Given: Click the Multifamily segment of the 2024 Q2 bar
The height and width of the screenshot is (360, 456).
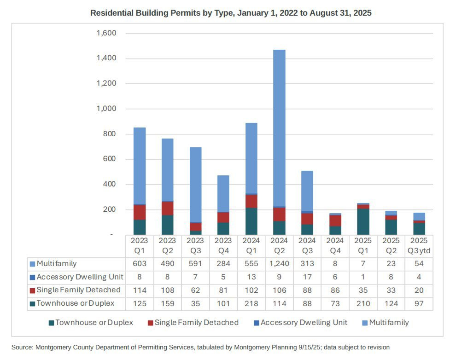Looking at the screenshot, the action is (x=279, y=128).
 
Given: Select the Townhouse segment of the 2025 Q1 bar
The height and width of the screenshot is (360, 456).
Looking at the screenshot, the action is (x=363, y=222).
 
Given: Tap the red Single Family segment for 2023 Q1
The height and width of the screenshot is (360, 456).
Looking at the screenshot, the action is (x=140, y=212).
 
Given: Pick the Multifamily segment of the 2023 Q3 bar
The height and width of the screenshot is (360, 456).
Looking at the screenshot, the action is (x=195, y=185).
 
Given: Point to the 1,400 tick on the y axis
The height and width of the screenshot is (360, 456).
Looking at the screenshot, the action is (x=106, y=58).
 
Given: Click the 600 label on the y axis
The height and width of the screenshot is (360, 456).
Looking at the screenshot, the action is (x=109, y=159).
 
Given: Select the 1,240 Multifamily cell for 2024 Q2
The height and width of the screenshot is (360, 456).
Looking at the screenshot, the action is (x=279, y=264).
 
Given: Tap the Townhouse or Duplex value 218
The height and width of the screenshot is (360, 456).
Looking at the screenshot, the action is (x=251, y=304).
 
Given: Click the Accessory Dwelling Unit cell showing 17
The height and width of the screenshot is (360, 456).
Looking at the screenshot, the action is (x=307, y=277).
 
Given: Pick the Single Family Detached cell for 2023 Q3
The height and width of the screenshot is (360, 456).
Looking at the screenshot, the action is (x=195, y=290).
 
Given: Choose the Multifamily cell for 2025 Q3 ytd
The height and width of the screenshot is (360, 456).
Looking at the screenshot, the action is (x=419, y=264).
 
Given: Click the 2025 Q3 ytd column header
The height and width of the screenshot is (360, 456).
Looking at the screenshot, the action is (x=419, y=245).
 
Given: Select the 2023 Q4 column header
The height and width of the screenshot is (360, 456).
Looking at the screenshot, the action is (x=223, y=245).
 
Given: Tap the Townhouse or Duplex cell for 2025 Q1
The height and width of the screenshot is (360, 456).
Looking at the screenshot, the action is (x=363, y=304).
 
